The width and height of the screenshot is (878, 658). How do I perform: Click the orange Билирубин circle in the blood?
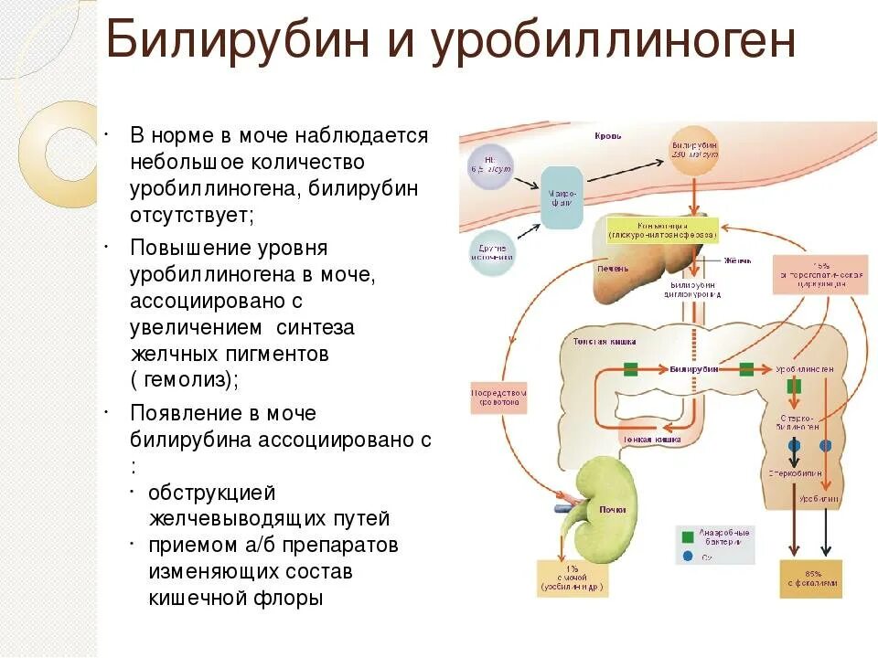(692, 152)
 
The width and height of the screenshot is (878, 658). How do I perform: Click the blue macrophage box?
(562, 197)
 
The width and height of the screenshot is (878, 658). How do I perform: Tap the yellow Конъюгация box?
(662, 228)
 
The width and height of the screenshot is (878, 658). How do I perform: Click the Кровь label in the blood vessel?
(608, 136)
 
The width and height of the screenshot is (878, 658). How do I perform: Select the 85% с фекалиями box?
(809, 578)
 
